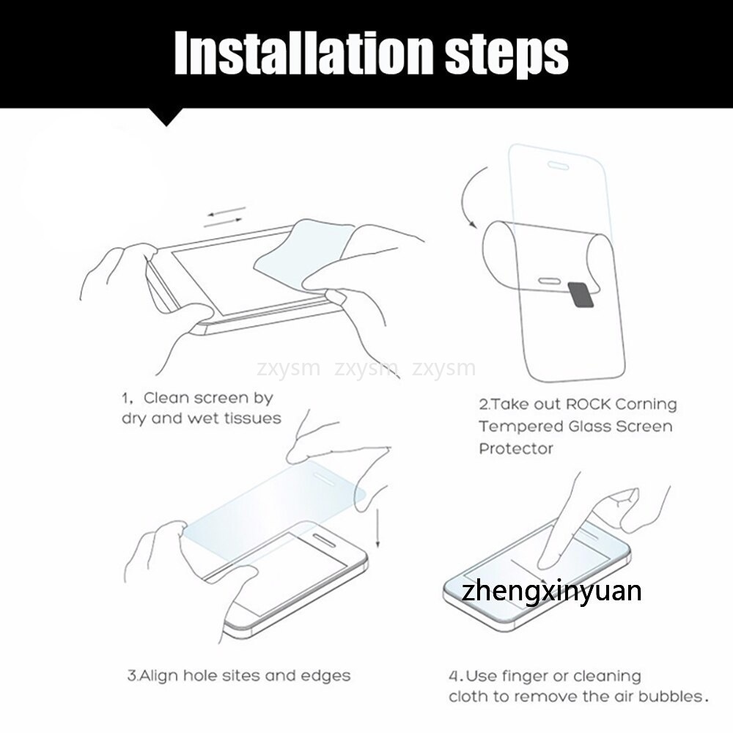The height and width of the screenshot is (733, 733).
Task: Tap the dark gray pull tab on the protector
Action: pyautogui.click(x=581, y=295)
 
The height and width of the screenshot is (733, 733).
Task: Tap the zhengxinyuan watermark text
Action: pyautogui.click(x=551, y=591)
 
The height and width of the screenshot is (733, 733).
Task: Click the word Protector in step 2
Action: pyautogui.click(x=515, y=449)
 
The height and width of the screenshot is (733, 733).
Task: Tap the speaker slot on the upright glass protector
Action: pyautogui.click(x=558, y=165)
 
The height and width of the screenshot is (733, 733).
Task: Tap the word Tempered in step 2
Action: pyautogui.click(x=521, y=427)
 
